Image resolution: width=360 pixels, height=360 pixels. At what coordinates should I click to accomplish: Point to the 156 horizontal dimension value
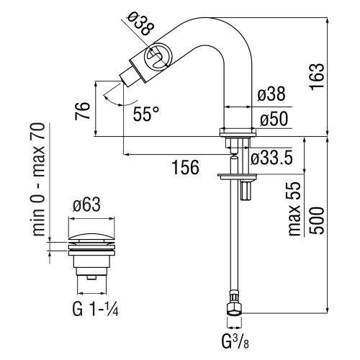click(x=185, y=168)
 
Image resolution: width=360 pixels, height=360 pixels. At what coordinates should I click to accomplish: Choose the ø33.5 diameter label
click(x=272, y=158)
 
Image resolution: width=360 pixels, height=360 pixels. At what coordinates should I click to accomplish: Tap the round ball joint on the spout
click(x=158, y=57)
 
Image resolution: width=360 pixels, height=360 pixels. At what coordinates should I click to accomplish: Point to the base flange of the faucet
click(x=237, y=132)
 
